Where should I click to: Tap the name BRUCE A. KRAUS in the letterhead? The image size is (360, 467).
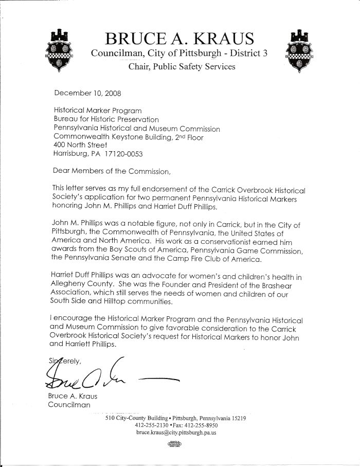(x=179, y=39)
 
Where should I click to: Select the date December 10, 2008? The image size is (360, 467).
(x=81, y=94)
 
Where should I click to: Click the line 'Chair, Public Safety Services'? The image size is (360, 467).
(x=182, y=66)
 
